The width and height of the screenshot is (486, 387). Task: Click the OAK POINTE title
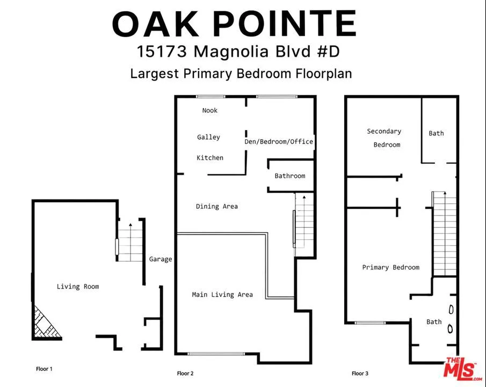pos(234,24)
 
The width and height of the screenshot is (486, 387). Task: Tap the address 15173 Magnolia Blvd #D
pos(238,51)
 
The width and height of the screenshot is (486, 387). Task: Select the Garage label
pos(161,259)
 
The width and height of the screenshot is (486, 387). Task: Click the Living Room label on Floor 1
pos(78,286)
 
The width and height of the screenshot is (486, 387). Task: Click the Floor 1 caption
pos(44,369)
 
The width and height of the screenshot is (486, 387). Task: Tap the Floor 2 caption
pos(185,374)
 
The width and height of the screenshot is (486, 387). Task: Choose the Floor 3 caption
pos(360,374)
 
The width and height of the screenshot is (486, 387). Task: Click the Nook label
pos(210,111)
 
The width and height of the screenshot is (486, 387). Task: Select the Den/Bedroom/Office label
pos(279,141)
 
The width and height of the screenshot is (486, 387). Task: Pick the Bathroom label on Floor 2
pos(290,176)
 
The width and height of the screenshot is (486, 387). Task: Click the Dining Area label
pos(216,206)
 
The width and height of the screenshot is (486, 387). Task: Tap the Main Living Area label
pos(222,295)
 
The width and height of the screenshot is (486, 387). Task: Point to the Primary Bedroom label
pos(391,267)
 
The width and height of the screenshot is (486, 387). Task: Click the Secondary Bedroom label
pos(385,138)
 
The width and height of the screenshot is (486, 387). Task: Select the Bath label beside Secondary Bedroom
pos(436,133)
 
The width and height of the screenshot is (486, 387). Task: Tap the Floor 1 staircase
pos(130,242)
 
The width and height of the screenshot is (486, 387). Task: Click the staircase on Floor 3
pos(444,234)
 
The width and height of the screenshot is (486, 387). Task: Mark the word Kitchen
pos(210,157)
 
